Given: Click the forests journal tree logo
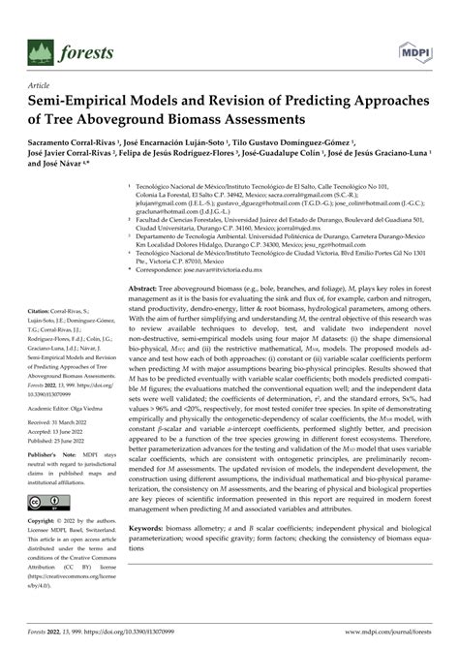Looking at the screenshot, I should [40, 51].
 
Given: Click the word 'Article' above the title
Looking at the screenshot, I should [41, 85].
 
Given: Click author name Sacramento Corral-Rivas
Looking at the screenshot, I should [69, 141].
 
